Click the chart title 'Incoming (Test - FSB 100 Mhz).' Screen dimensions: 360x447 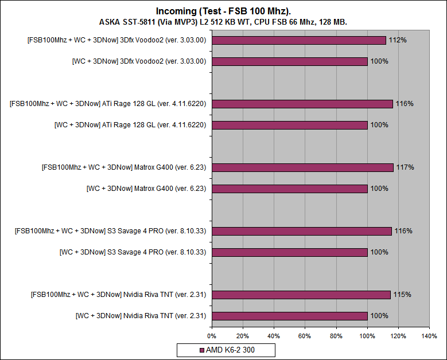[x=223, y=11]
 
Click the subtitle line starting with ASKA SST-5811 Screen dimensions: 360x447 [x=223, y=22]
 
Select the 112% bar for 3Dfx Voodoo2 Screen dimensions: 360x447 [x=298, y=40]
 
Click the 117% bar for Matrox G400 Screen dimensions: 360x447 [x=302, y=167]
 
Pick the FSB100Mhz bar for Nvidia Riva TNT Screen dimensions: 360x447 [x=301, y=295]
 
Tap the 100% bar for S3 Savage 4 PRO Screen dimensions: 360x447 [x=289, y=252]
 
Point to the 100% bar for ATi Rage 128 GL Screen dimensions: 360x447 [x=289, y=124]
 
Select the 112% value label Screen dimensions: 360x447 [x=396, y=40]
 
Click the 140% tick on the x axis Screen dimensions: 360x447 [x=429, y=335]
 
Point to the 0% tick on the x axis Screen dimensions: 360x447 [x=212, y=335]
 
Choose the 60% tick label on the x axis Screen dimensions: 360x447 [x=305, y=335]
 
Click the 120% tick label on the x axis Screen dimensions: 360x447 [x=398, y=335]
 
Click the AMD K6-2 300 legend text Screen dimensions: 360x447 [x=230, y=350]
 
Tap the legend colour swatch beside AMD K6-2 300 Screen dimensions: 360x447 [x=201, y=350]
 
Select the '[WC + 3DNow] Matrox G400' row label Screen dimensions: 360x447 [x=146, y=188]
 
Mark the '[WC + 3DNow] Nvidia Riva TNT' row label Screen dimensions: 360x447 [x=141, y=315]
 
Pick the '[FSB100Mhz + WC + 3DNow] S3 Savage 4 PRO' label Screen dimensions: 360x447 [x=111, y=231]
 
